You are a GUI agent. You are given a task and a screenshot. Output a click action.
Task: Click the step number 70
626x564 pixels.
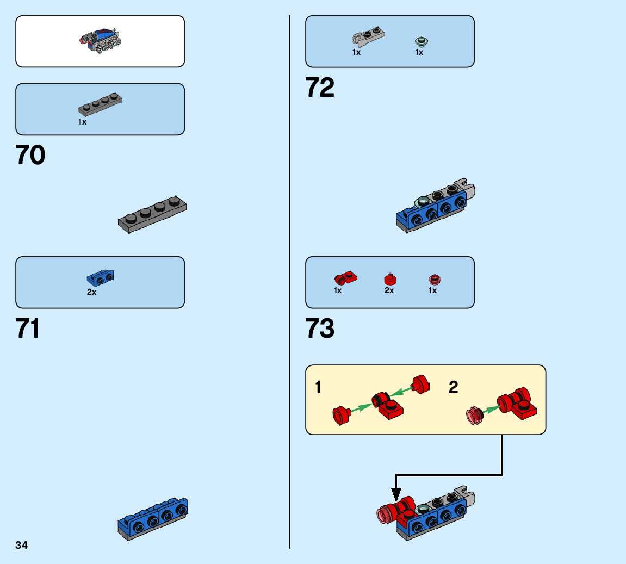(30, 156)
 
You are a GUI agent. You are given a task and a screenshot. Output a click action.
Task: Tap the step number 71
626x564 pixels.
(28, 329)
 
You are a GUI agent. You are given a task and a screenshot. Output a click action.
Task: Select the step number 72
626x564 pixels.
(320, 88)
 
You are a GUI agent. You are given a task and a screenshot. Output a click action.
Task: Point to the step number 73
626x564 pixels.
(320, 329)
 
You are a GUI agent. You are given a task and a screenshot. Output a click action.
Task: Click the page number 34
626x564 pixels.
(21, 545)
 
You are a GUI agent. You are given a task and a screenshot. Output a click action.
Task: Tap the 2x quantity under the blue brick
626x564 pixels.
(91, 292)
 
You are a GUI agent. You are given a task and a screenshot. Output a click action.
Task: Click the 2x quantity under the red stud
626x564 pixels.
(389, 290)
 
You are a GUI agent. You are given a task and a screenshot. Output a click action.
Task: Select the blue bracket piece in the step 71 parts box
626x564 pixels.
(100, 278)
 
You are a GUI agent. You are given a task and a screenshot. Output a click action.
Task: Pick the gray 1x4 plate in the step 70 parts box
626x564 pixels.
(100, 103)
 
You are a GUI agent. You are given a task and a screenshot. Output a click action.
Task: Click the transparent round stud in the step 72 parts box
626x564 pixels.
(419, 41)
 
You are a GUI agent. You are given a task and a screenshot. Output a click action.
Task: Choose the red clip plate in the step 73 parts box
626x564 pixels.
(345, 278)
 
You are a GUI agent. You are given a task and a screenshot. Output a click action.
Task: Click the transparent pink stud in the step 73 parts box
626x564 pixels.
(433, 279)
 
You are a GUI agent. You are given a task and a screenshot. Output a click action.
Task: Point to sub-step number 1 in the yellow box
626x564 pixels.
(318, 387)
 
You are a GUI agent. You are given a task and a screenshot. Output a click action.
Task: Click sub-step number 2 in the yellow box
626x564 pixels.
(453, 387)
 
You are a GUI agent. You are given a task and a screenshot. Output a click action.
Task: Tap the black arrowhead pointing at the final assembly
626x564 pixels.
(396, 494)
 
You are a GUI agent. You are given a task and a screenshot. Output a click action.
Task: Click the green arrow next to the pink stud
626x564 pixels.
(489, 410)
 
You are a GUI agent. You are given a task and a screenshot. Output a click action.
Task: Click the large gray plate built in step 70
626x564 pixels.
(153, 215)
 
